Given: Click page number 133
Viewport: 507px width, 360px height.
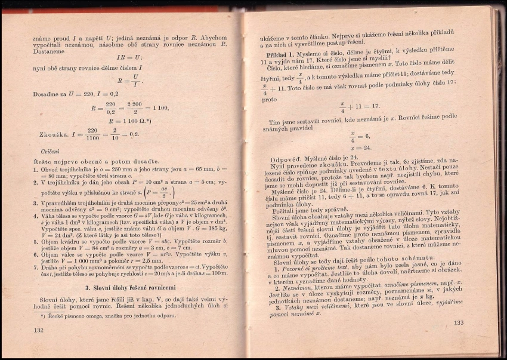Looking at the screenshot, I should coord(458,323).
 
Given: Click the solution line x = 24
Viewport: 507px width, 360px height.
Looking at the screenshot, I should coord(360,147).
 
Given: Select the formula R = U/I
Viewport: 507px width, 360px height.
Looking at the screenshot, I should coord(130,81).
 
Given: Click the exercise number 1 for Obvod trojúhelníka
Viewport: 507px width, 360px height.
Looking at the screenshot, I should coord(36,170).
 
